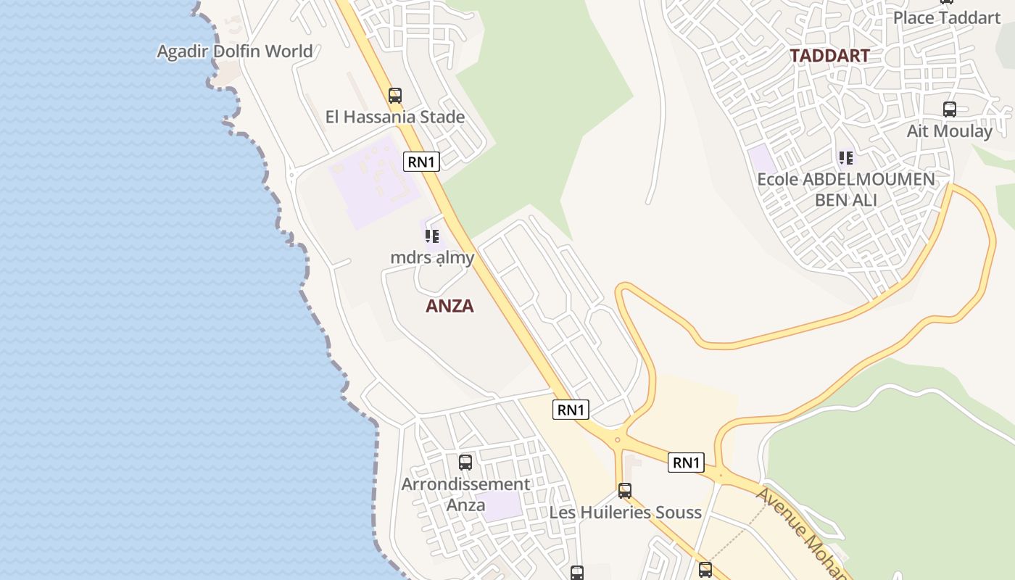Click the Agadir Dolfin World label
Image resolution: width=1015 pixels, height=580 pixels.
pos(235,51)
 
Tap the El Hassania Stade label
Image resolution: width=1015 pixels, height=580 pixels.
pos(395,117)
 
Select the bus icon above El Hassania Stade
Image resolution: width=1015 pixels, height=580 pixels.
pos(395,95)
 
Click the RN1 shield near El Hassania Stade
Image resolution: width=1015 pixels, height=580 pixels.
pos(421,162)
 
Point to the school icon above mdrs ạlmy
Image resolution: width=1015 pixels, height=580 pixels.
pos(432,236)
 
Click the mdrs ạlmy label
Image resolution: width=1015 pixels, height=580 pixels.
pos(432,257)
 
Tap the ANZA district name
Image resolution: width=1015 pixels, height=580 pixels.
pos(449,306)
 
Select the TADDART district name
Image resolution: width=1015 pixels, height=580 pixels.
pos(829,56)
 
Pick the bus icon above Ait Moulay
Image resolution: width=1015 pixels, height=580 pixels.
pos(950,109)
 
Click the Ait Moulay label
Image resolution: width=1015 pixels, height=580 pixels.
pos(949,131)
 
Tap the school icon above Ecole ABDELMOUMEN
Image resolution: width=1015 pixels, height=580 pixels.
pos(846,157)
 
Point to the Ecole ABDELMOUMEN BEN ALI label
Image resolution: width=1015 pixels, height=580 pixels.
pos(846,189)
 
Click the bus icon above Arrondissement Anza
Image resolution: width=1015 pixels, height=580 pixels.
pos(465,462)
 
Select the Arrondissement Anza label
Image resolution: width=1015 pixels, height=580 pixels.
pos(465,494)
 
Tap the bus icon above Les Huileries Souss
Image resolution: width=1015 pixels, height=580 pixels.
pos(625,491)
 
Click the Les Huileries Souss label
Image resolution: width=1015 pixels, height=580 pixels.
pos(625,513)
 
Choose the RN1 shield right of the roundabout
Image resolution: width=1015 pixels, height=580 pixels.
pos(686,463)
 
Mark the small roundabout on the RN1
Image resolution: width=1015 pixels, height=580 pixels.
pos(617,439)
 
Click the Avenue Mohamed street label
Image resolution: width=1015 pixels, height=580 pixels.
pos(801,533)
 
